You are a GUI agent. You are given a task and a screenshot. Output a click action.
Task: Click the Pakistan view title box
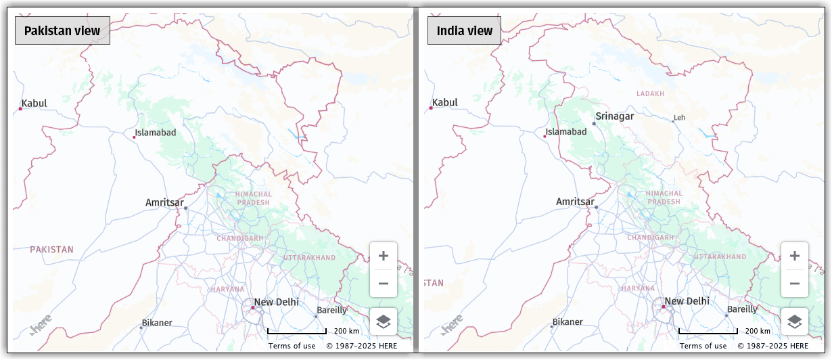point(62,30)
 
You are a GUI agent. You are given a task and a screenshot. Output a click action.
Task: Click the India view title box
point(464,30)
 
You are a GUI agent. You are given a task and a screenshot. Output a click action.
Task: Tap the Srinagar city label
point(614,116)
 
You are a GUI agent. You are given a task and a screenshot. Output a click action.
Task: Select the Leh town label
point(679,118)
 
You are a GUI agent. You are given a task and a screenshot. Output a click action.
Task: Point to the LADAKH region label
point(650,93)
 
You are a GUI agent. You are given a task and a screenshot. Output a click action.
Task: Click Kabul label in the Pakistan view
point(34,104)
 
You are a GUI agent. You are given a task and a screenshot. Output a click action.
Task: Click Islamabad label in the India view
point(566,132)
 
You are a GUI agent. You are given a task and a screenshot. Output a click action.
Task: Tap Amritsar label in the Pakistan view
point(164,202)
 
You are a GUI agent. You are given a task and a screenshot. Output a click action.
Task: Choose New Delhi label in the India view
point(687,301)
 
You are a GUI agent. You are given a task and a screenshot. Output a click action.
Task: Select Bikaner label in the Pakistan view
point(156,323)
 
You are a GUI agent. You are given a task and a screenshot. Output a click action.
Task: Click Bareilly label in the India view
point(742,310)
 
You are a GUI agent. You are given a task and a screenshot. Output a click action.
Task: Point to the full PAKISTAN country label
point(51,250)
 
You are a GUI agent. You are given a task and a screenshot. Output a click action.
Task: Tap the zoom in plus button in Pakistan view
point(384,256)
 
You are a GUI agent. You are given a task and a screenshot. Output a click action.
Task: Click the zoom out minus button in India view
point(795,284)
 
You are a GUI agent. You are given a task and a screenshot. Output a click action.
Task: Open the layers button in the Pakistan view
point(384,321)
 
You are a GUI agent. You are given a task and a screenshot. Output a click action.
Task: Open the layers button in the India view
point(795,321)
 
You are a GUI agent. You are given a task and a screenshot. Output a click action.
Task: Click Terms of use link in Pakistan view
point(292,346)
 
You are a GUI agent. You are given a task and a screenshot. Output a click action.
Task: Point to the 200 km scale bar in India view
point(708,332)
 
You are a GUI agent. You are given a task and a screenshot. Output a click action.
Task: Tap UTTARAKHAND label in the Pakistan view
point(309,258)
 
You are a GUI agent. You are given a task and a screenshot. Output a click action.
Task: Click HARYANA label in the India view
point(638,288)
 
